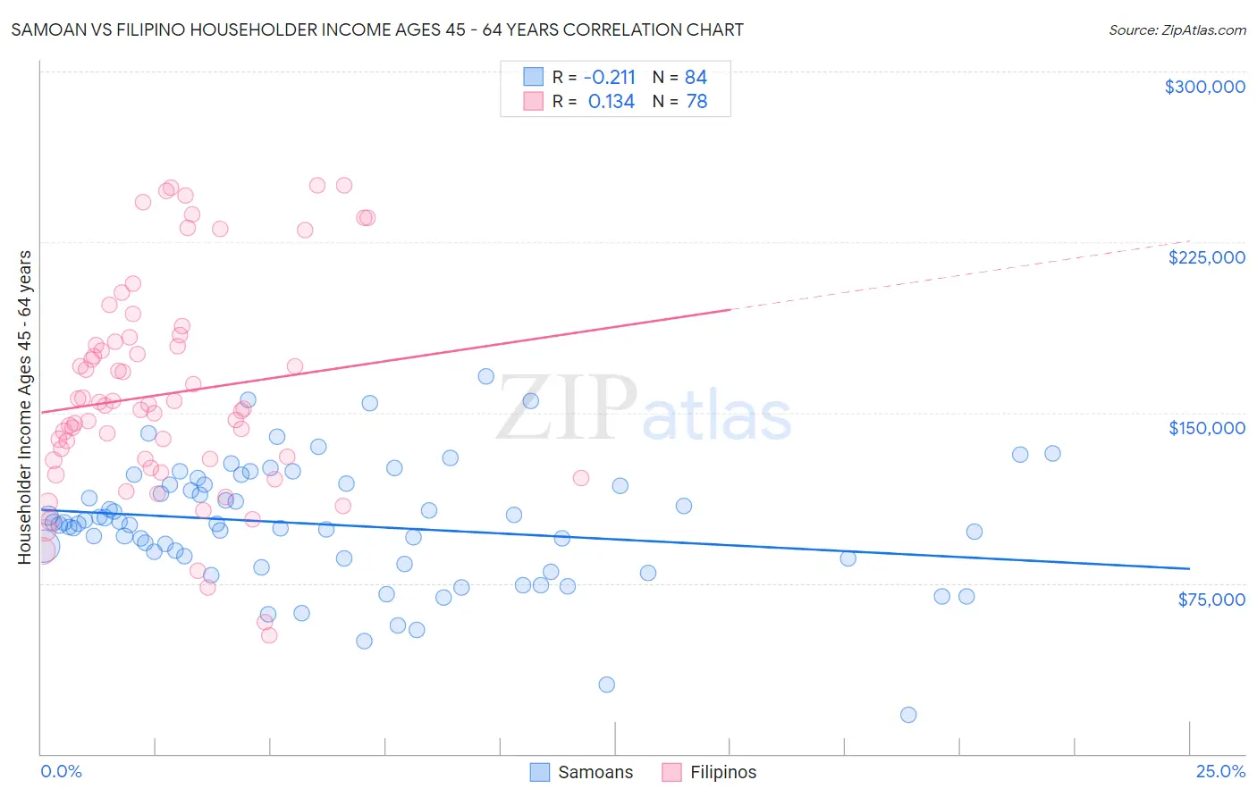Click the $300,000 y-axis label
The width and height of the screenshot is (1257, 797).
click(x=1204, y=87)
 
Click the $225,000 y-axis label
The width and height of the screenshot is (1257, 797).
click(x=1206, y=257)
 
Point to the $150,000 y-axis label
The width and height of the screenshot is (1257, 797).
click(x=1206, y=428)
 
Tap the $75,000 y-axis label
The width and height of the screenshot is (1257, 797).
click(x=1211, y=600)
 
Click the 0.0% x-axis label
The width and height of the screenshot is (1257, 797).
click(x=61, y=771)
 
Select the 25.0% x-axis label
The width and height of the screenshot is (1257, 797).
click(x=1220, y=771)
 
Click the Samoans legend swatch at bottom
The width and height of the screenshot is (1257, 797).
click(x=539, y=772)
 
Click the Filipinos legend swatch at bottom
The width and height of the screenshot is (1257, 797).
click(x=671, y=772)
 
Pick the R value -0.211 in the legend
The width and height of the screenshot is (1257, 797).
click(x=609, y=77)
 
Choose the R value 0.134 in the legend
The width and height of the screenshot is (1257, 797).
click(x=612, y=102)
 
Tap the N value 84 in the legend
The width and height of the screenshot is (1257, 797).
click(x=696, y=77)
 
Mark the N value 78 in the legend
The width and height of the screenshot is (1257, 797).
click(x=696, y=102)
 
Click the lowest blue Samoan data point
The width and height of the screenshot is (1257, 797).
click(x=908, y=715)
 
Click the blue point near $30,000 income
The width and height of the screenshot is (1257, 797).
click(x=606, y=684)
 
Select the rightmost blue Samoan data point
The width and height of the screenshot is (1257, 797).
click(x=1052, y=453)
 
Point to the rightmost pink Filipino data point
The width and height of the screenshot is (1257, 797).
click(x=580, y=478)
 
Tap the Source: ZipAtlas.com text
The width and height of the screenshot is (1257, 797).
click(x=1177, y=30)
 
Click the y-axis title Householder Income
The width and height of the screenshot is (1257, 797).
click(x=25, y=407)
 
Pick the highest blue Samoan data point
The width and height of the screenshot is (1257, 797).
click(x=485, y=376)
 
